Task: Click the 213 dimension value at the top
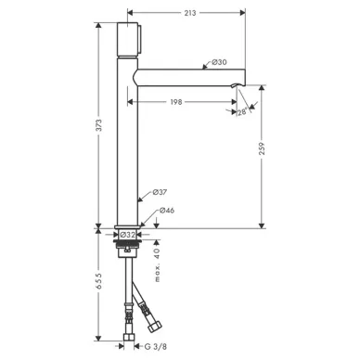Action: coord(190,13)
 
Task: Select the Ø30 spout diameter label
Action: coord(219,62)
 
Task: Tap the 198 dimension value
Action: coord(176,102)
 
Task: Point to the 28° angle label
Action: coord(243,111)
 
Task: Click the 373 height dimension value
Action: coord(98,125)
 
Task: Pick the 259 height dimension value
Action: coord(262,148)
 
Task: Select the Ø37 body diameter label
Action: coord(160,192)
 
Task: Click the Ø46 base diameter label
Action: coord(167,211)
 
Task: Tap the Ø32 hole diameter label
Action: coord(127,235)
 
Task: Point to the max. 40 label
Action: coord(158,265)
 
